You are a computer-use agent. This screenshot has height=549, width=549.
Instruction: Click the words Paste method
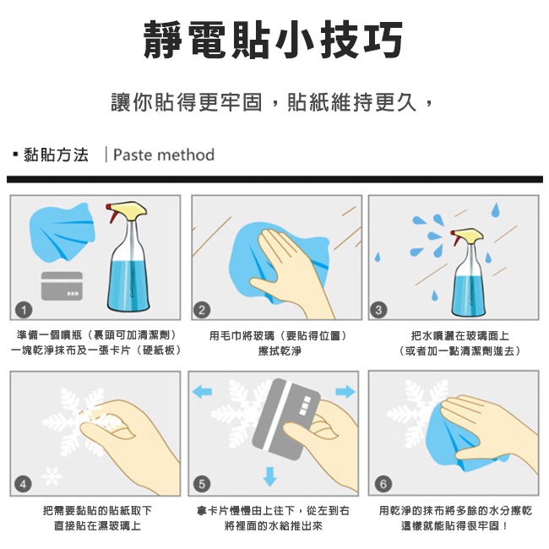[x=163, y=155]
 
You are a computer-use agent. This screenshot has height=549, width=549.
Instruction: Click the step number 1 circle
[x=25, y=308]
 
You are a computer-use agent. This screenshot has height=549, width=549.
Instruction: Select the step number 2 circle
[x=202, y=308]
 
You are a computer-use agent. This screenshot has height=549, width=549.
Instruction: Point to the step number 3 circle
[x=382, y=308]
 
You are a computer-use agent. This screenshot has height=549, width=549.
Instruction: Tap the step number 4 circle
[x=25, y=483]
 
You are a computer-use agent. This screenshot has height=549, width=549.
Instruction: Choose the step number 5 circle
[x=202, y=483]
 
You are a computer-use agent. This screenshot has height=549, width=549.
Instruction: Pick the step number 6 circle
[x=383, y=483]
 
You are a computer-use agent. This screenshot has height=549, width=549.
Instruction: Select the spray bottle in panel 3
[x=474, y=270]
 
